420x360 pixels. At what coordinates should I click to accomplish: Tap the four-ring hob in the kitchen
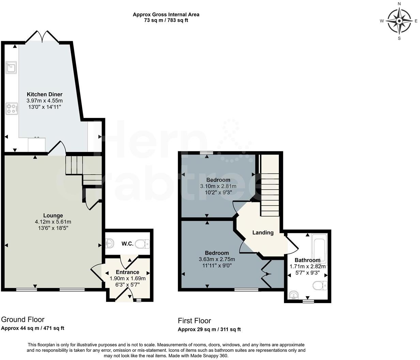coord(12,109)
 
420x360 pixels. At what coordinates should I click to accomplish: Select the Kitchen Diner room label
coord(45,94)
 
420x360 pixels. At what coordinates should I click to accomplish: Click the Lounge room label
coord(53,215)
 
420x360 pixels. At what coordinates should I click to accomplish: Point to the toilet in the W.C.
coord(142,244)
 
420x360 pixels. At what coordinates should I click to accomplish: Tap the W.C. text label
coord(127,244)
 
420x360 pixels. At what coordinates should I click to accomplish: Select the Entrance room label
coord(127,272)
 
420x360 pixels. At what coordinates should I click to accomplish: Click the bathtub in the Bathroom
coord(319,246)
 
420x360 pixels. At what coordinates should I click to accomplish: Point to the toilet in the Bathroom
coord(320,285)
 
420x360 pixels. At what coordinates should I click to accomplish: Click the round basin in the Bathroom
coord(292,295)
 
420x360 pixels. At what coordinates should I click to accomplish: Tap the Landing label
coord(263,232)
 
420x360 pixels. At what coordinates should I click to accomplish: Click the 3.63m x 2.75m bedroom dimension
coord(217,259)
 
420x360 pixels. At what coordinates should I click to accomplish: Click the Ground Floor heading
coord(22,319)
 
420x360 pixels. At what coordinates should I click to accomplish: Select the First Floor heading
coord(194,321)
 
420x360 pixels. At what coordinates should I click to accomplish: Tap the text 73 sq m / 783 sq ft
coord(166,20)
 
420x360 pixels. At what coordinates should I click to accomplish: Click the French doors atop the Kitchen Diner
coord(42,37)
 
